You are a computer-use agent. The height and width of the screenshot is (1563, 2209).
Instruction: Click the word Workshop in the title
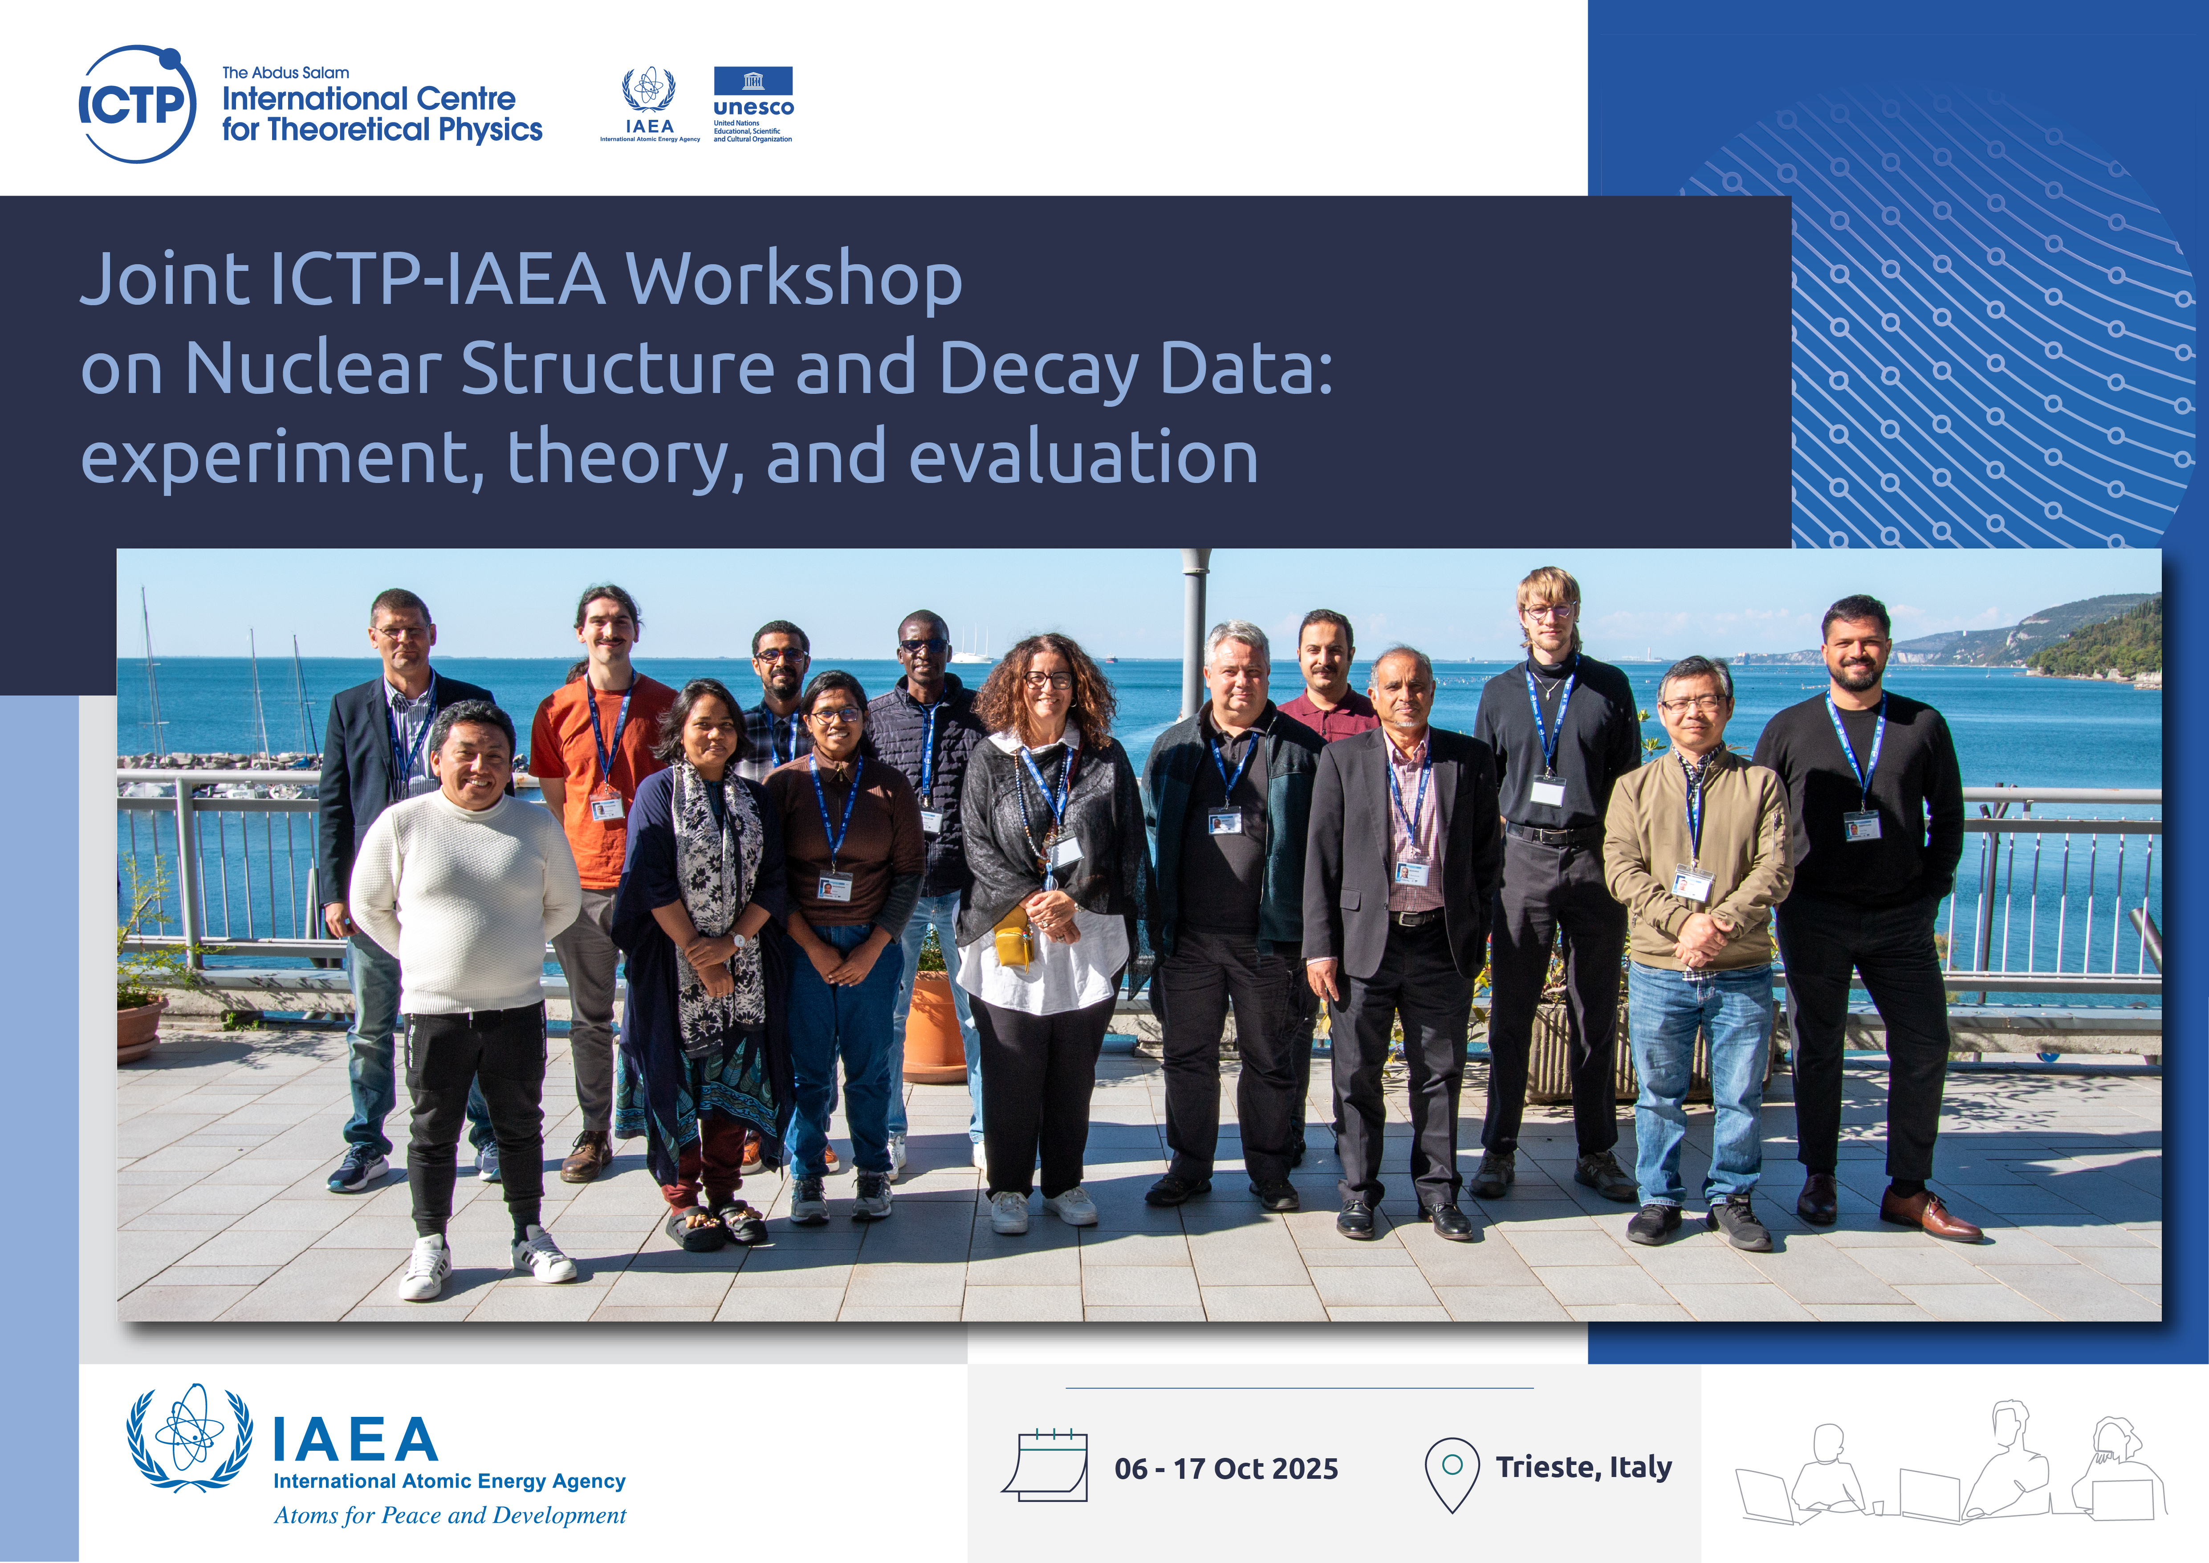[794, 279]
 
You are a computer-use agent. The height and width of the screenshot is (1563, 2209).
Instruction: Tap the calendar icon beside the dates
[1046, 1465]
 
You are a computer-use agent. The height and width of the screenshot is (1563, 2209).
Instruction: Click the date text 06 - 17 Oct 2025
[1226, 1469]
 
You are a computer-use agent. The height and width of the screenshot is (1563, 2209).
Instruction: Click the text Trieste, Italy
[1584, 1467]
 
